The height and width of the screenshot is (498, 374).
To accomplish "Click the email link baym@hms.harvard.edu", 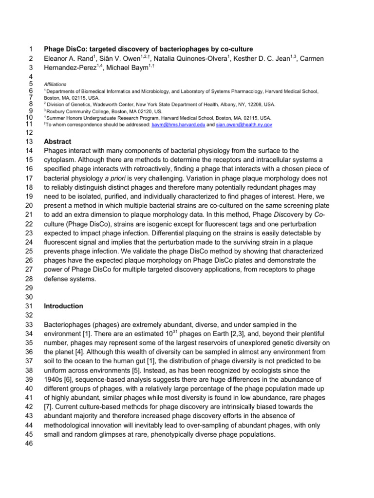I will coord(179,125).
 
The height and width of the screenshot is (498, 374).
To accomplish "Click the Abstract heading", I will coord(57,142).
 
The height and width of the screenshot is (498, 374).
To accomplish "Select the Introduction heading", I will coord(63,306).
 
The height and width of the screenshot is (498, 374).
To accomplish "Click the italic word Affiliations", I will coord(55,84).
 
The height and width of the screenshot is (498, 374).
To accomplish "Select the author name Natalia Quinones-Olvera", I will coord(185,58).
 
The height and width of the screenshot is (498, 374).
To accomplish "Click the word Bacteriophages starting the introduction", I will coord(69,324).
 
